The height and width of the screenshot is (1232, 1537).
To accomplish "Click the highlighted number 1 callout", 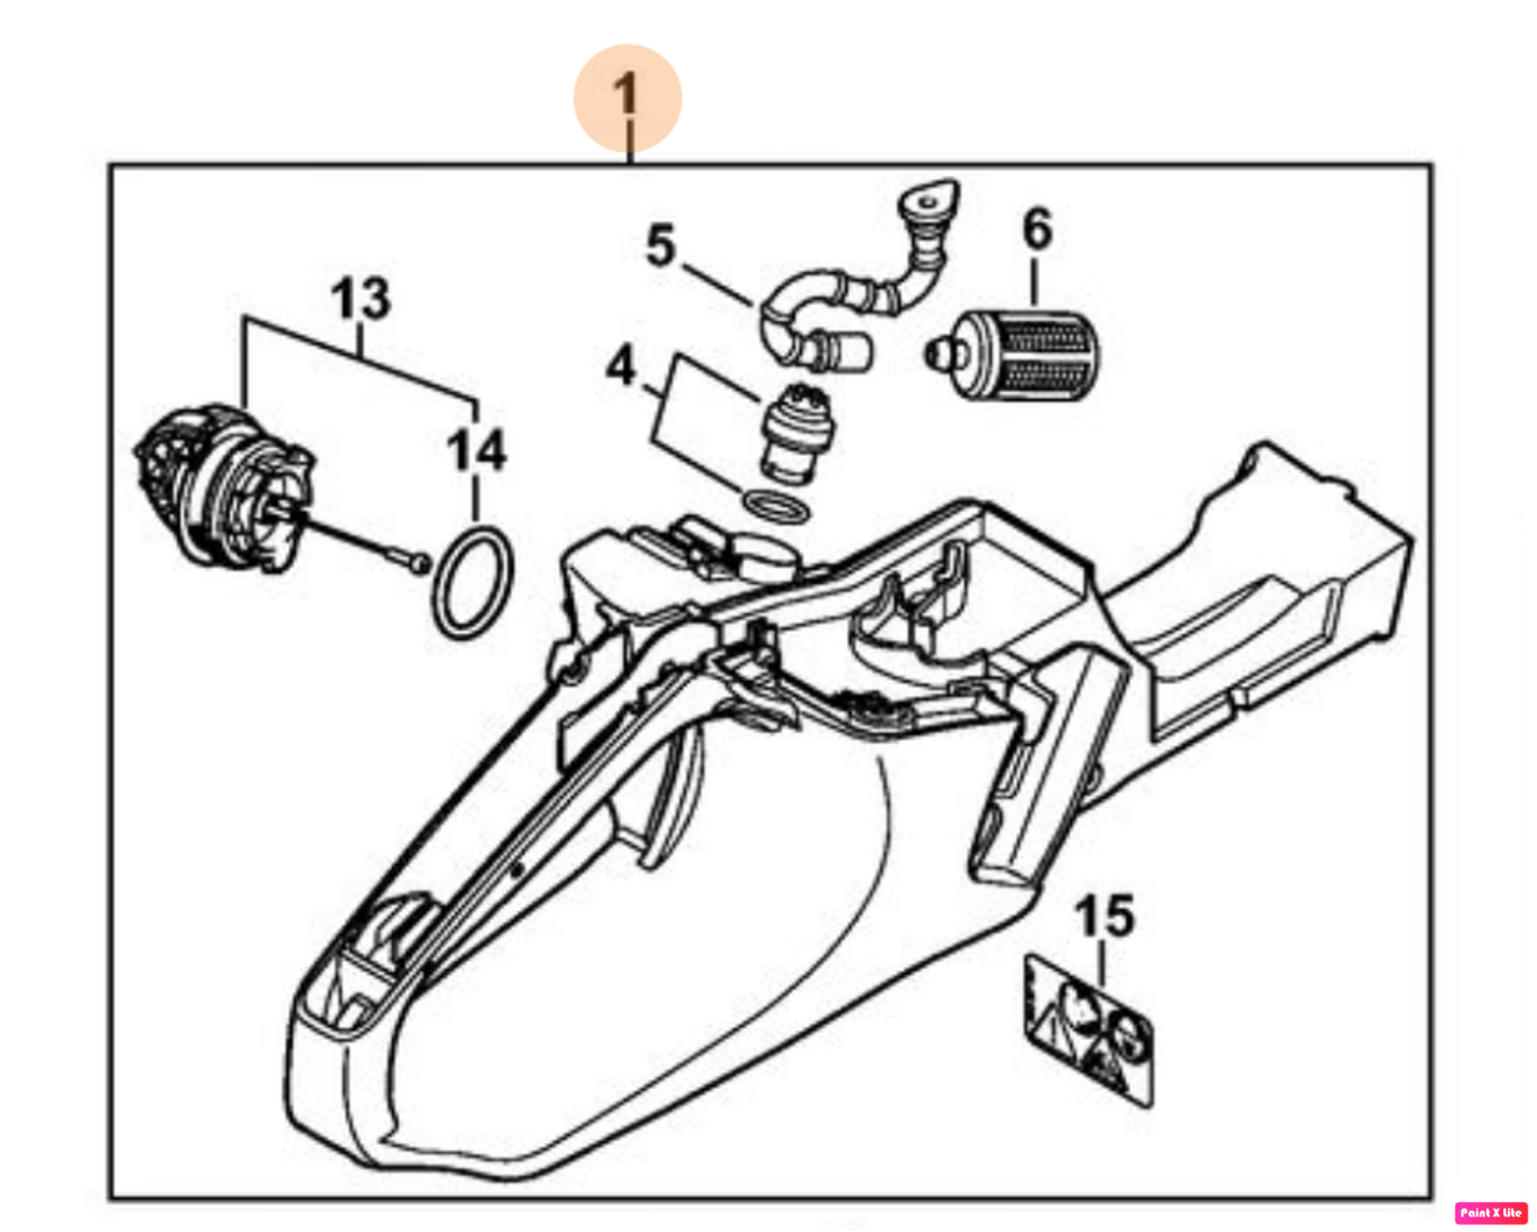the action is (627, 98).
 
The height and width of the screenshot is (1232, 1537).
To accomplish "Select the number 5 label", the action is (661, 246).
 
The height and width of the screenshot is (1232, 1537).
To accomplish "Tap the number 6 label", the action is (1037, 230).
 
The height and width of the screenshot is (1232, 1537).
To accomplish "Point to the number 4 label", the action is (621, 366).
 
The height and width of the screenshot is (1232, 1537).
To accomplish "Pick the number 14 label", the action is (476, 450).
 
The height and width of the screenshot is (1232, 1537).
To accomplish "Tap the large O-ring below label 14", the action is (474, 582).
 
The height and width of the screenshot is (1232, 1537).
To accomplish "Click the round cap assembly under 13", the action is (224, 488).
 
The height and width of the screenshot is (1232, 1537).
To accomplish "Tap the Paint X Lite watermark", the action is (1490, 1212).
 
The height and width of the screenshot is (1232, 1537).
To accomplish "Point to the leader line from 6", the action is (1034, 282).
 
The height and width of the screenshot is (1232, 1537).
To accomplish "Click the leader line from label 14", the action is (476, 498).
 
